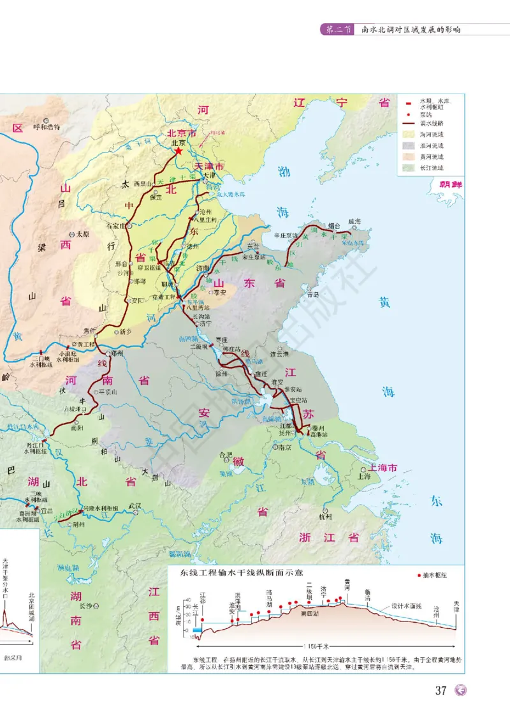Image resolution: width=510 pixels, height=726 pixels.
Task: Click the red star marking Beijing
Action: click(x=178, y=152)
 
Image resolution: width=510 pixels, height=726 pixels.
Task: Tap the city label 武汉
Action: click(x=135, y=506)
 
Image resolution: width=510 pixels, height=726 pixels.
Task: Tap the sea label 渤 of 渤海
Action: click(x=284, y=170)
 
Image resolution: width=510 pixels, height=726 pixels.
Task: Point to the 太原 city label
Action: click(x=84, y=234)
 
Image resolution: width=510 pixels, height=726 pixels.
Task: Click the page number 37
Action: click(x=441, y=691)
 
